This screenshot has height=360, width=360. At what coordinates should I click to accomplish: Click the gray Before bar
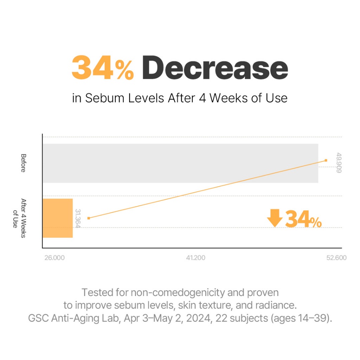click(180, 163)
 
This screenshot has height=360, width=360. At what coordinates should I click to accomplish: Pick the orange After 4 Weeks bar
click(58, 218)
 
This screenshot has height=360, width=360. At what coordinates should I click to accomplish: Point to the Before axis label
click(23, 163)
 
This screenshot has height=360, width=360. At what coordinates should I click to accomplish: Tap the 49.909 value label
click(339, 162)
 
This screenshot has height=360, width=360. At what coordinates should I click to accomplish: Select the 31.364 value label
click(78, 218)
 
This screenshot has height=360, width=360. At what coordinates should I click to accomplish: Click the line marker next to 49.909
click(326, 160)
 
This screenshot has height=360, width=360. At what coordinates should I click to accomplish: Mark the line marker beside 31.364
click(89, 218)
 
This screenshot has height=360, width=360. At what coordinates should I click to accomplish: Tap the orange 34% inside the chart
click(303, 219)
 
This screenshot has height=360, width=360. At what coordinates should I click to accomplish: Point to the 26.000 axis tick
click(54, 258)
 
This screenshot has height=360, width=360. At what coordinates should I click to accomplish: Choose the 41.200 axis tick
click(195, 258)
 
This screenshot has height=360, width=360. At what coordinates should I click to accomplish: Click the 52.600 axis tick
click(336, 258)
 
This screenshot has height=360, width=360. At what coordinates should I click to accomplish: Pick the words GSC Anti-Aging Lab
click(69, 319)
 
